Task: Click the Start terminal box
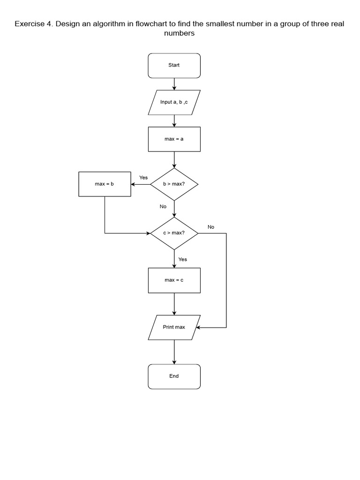click(174, 65)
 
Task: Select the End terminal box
click(174, 376)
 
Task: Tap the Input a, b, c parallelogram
click(174, 102)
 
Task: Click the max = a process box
click(174, 139)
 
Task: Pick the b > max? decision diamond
click(174, 184)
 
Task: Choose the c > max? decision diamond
click(174, 233)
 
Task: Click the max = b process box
click(105, 184)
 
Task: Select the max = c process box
click(174, 280)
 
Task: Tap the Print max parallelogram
click(174, 327)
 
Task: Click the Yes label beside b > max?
click(143, 178)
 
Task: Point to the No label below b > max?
click(163, 206)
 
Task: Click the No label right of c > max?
click(211, 227)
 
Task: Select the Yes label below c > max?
click(183, 259)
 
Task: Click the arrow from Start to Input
click(174, 84)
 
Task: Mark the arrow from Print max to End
click(174, 352)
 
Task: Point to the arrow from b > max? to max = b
click(141, 184)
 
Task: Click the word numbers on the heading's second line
click(179, 34)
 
